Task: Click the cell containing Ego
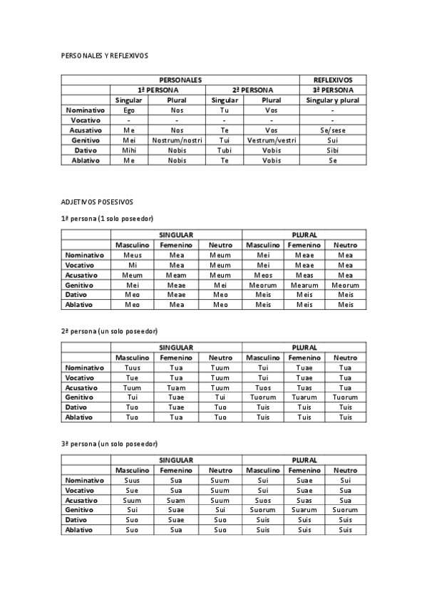(129, 110)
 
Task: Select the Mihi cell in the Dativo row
(129, 150)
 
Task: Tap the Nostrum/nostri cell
(178, 140)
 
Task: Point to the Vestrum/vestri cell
(271, 140)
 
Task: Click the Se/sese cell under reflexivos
(332, 130)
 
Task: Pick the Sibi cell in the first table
(332, 150)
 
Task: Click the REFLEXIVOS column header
(332, 80)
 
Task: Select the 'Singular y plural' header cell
(332, 100)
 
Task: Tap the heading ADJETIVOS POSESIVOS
(97, 202)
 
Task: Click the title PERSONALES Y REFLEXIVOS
(105, 54)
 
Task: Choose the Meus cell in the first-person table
(133, 255)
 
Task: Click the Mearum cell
(304, 285)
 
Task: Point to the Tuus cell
(133, 368)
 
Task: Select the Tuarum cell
(304, 397)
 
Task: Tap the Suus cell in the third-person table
(133, 480)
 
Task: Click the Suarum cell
(304, 510)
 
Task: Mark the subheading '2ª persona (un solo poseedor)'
(109, 331)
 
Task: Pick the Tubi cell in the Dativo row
(224, 150)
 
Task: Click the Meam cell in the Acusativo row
(176, 275)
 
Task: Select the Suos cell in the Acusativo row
(263, 500)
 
